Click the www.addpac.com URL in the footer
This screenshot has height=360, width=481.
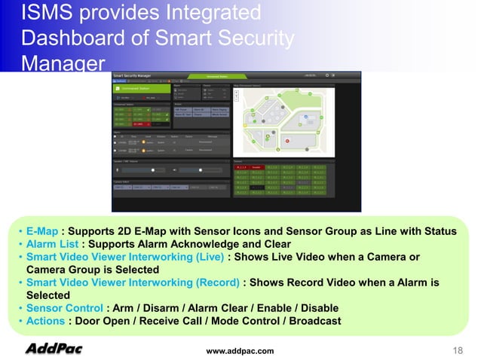pyautogui.click(x=240, y=351)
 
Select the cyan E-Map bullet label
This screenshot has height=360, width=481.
pyautogui.click(x=41, y=230)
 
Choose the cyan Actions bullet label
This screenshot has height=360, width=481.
pyautogui.click(x=45, y=322)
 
